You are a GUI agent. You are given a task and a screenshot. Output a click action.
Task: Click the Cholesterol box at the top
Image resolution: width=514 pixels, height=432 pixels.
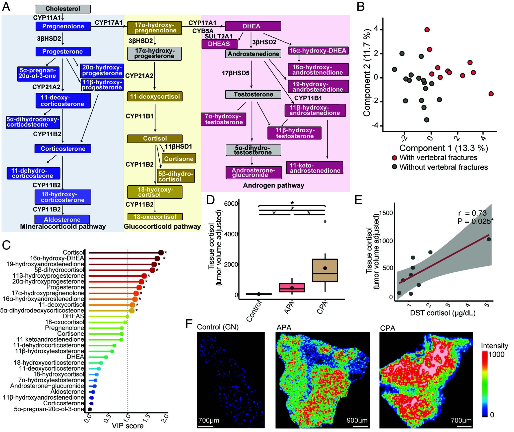63,9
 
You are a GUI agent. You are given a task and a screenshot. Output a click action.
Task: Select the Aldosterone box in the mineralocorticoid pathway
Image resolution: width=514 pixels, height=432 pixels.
62,219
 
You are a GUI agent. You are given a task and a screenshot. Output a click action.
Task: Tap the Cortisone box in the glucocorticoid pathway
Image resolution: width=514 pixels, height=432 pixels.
179,159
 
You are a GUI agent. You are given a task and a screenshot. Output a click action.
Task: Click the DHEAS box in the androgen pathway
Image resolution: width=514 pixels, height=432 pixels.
219,44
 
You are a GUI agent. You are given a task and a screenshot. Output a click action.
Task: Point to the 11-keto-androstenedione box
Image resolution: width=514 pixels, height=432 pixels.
315,168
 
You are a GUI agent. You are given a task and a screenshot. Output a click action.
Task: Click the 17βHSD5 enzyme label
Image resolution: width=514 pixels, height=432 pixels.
235,73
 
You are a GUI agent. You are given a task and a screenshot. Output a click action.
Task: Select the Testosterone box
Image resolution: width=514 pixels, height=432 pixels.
253,94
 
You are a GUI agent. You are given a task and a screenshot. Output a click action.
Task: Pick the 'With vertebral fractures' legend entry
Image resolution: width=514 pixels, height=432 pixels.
438,158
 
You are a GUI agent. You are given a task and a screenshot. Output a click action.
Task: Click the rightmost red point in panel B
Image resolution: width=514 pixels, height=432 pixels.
491,94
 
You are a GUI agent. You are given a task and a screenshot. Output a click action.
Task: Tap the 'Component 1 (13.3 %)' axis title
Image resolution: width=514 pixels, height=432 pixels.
443,148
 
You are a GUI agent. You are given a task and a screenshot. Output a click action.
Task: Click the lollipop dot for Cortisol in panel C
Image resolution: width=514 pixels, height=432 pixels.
161,253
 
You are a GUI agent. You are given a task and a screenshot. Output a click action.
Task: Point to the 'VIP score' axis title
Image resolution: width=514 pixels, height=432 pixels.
127,426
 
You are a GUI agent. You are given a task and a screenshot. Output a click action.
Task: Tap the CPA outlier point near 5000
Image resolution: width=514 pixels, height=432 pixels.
325,221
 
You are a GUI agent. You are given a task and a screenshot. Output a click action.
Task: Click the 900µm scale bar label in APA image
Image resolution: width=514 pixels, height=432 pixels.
357,420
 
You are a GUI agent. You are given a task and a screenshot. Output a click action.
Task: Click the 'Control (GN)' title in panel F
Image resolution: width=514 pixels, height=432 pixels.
218,327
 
